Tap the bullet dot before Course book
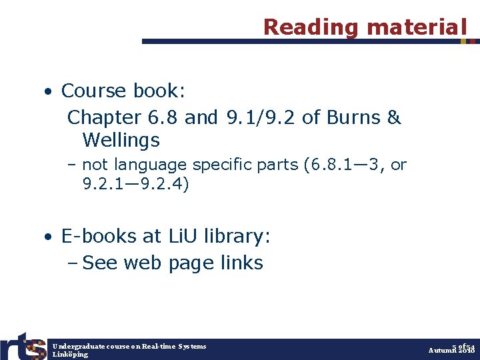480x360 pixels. point(49,91)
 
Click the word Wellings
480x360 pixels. point(121,140)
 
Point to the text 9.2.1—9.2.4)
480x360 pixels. point(136,184)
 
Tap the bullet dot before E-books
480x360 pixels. point(49,237)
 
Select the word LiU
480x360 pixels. point(182,237)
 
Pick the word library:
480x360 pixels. point(237,237)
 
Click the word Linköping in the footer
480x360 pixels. point(70,354)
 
